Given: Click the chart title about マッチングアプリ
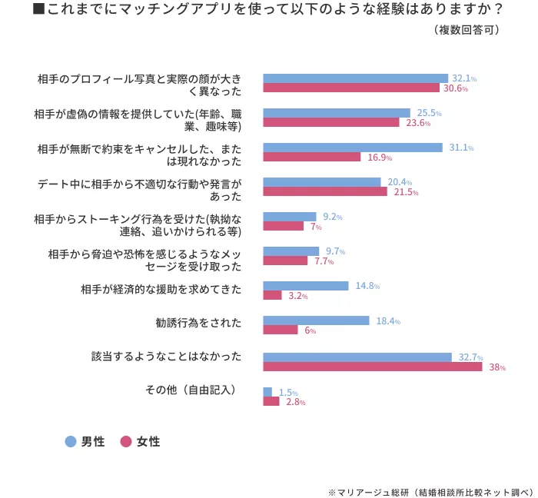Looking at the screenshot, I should click(268, 10).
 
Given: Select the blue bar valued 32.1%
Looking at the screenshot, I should click(355, 78).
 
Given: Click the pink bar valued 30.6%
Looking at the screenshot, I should click(351, 88).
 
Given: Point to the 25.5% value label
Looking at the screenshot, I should click(429, 113).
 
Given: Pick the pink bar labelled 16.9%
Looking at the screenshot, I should click(311, 158).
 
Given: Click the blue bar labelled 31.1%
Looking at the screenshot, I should click(353, 148).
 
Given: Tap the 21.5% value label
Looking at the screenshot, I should click(405, 192).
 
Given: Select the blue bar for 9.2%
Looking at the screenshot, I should click(290, 217).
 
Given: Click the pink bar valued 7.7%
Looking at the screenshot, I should click(285, 261).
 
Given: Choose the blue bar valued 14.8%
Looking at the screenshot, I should click(306, 286).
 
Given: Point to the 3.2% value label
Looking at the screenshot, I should click(297, 296).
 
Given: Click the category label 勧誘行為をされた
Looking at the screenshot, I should click(198, 321).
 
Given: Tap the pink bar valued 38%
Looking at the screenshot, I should click(372, 367).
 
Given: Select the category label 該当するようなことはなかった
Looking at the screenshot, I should click(166, 357).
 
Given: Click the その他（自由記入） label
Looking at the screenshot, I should click(191, 390).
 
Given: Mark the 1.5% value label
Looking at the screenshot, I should click(287, 392).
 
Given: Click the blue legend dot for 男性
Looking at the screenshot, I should click(71, 442).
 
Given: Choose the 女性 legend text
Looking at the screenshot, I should click(148, 442).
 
